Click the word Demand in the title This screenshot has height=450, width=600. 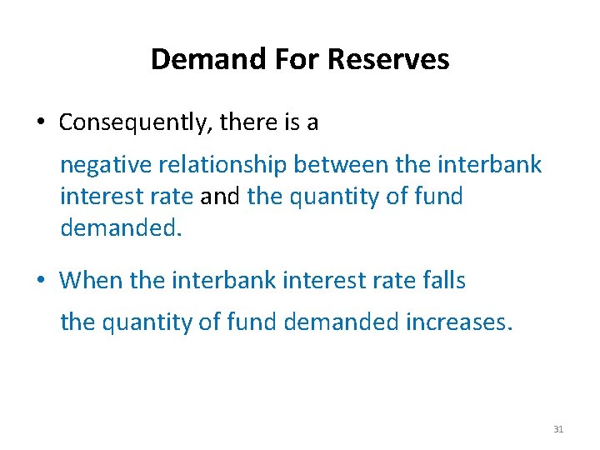coord(195,59)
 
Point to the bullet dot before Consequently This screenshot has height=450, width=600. coord(40,123)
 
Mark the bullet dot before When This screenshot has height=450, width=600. coord(40,281)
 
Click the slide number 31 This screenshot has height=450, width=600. coord(558,429)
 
